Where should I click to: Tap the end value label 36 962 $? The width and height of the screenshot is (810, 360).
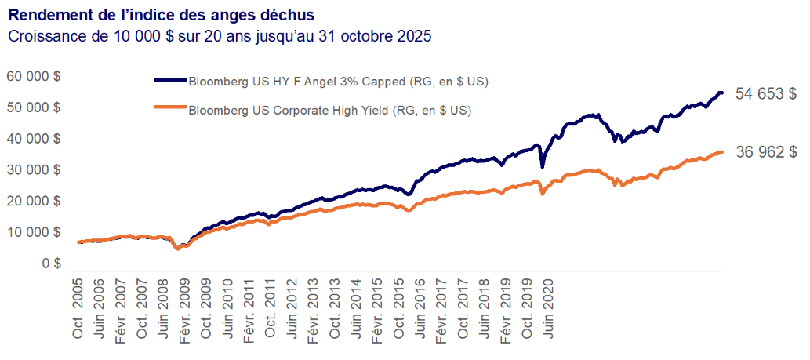coord(766,153)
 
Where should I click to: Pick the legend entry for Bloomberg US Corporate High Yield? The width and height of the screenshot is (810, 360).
coord(329,111)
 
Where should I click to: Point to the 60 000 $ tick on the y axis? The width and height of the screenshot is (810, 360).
coord(35,76)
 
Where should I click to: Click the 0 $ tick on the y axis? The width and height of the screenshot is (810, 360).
coord(52,264)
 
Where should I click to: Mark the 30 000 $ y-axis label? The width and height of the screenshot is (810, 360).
coord(35,170)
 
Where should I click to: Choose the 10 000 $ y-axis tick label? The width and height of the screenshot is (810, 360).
coord(35,233)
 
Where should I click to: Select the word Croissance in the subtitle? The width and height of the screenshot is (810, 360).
coord(47,36)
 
